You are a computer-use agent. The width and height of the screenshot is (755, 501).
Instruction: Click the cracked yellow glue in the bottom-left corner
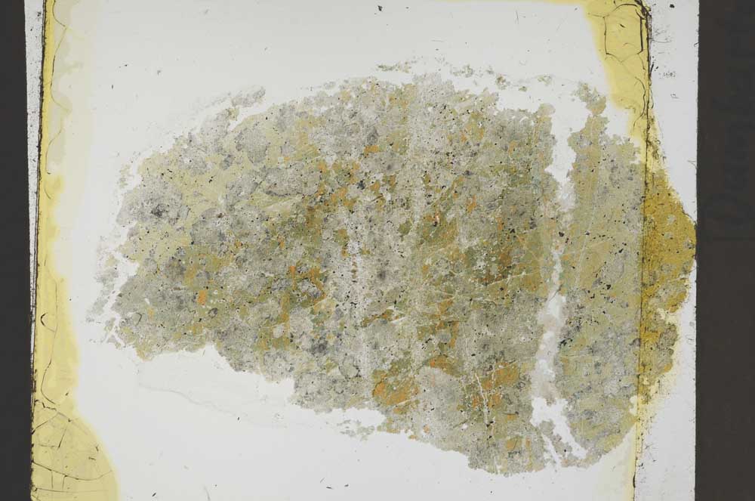(68, 453)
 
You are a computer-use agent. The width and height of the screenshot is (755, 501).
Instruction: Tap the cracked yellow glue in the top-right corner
(619, 38)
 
